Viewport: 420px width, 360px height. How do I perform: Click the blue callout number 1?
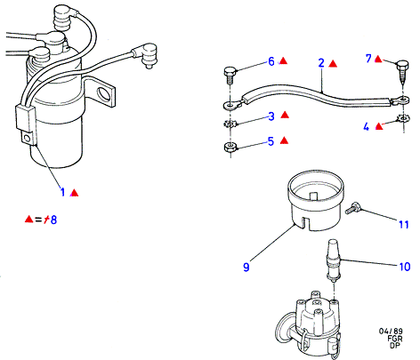[x=62, y=192]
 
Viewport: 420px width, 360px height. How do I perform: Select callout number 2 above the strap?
[x=321, y=63]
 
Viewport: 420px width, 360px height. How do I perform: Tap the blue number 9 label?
[x=246, y=267]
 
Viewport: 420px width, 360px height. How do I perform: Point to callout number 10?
[x=405, y=267]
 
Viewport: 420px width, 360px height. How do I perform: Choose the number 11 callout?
[x=404, y=225]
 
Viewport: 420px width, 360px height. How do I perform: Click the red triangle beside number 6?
[x=284, y=60]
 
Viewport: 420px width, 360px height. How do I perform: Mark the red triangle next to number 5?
[x=284, y=140]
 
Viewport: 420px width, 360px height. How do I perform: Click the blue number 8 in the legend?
[x=53, y=220]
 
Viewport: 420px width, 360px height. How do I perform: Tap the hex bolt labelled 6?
[x=230, y=76]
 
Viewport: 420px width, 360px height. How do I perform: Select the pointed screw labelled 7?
[x=402, y=71]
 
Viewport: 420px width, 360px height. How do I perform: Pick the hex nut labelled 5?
[x=230, y=147]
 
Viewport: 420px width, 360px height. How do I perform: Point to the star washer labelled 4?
[x=402, y=119]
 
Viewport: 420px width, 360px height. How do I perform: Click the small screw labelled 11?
[x=352, y=208]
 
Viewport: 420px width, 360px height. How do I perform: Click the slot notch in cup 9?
[x=302, y=223]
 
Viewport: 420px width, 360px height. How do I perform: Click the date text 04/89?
[x=391, y=331]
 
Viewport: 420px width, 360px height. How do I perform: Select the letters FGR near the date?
[x=395, y=338]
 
